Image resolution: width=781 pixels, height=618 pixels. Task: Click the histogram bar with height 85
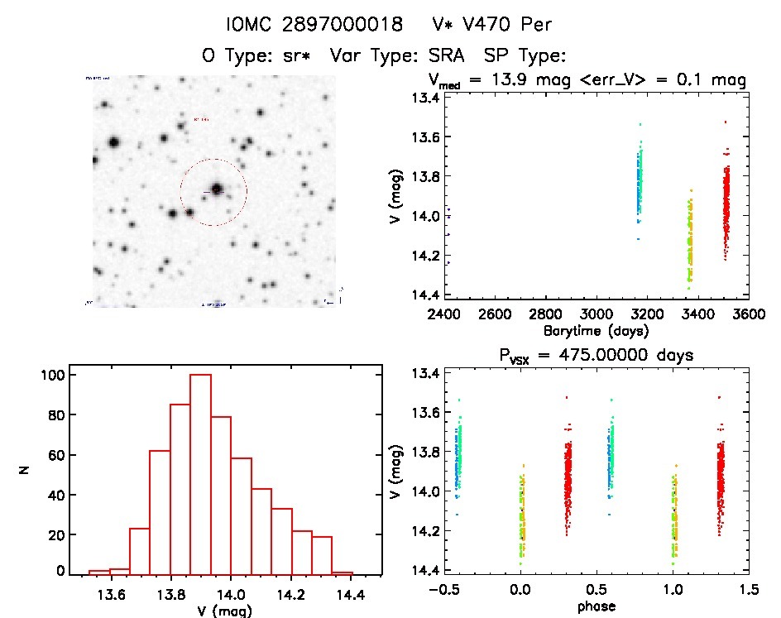tap(180, 488)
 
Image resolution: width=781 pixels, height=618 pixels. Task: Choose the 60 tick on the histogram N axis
tap(54, 455)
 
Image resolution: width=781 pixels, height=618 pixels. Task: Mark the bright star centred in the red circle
tap(217, 189)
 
